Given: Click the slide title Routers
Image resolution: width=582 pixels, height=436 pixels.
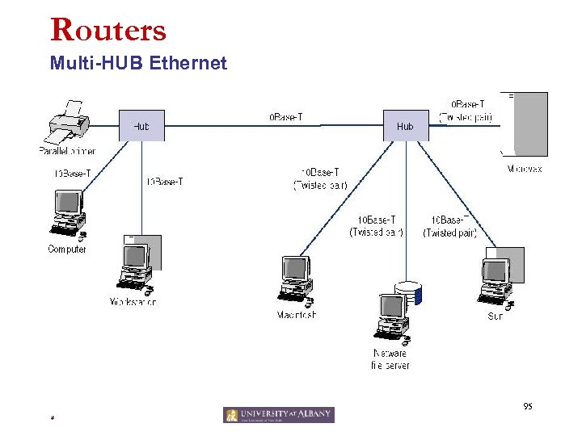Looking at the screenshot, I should (x=108, y=30).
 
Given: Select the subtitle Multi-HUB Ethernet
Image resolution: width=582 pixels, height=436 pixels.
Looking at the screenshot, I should (x=138, y=63).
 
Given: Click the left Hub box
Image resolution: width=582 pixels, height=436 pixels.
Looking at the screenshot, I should (x=141, y=125).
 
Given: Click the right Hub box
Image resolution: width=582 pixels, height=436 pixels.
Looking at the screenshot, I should (x=404, y=125).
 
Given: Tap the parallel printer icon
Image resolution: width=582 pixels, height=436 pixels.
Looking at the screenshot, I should (x=68, y=123).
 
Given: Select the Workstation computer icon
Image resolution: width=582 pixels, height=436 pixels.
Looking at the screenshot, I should (x=136, y=266).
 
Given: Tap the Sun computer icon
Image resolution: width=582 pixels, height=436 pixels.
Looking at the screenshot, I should (x=496, y=279).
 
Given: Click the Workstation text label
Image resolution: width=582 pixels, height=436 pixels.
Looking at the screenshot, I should (x=133, y=302).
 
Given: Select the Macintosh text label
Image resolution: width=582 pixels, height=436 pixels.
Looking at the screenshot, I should (x=297, y=315).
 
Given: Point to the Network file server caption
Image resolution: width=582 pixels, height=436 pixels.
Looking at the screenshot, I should (x=390, y=359).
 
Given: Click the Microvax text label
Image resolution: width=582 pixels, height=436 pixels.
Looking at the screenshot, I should (x=525, y=170).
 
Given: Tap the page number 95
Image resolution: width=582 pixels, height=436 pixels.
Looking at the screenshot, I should (x=527, y=407).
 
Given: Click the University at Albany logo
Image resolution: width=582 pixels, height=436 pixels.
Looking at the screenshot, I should (x=279, y=415).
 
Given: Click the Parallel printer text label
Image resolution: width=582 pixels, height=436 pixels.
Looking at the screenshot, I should (x=67, y=151).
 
